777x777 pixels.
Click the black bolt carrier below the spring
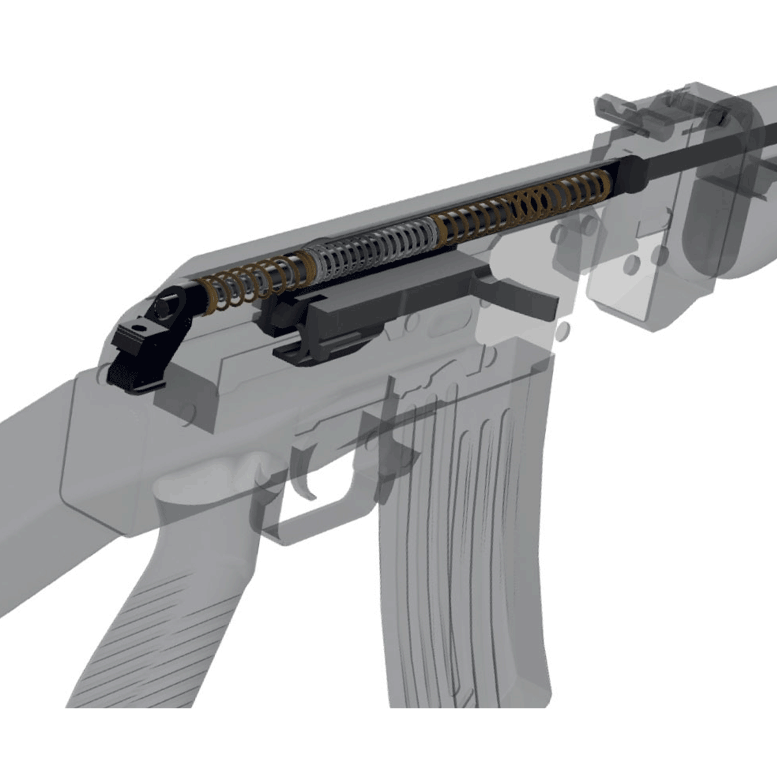363,311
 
